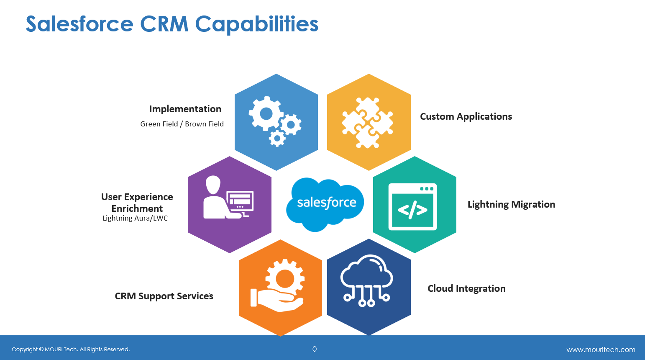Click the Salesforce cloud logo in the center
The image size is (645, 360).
coord(325,204)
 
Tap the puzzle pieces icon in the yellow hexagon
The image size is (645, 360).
coord(367,123)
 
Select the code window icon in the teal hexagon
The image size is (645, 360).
coord(412,207)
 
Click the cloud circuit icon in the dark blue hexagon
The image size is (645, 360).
coord(366,280)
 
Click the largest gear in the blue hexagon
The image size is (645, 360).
coord(266,114)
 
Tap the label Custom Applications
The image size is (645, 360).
coord(466,116)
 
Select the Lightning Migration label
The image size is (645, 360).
coord(512,204)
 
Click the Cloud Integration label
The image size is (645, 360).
coord(466,288)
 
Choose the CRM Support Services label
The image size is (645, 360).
coord(164,296)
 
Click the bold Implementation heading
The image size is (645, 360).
coord(185,109)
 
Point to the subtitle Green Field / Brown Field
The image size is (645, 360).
coord(182,124)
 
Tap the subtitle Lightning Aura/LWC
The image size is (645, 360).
coord(135,218)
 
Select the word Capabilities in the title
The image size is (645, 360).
coord(256,25)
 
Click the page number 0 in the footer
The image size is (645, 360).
coord(315,349)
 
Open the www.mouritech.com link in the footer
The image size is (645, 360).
coord(601,350)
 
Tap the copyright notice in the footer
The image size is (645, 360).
coord(71,350)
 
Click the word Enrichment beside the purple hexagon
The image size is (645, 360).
coord(137,208)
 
